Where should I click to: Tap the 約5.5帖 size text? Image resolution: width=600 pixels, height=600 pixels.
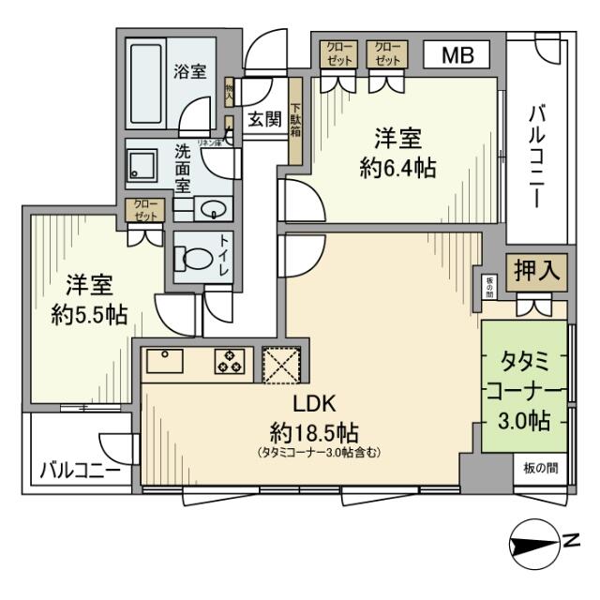point(89,314)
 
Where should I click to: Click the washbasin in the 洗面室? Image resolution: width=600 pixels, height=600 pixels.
point(212,210)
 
